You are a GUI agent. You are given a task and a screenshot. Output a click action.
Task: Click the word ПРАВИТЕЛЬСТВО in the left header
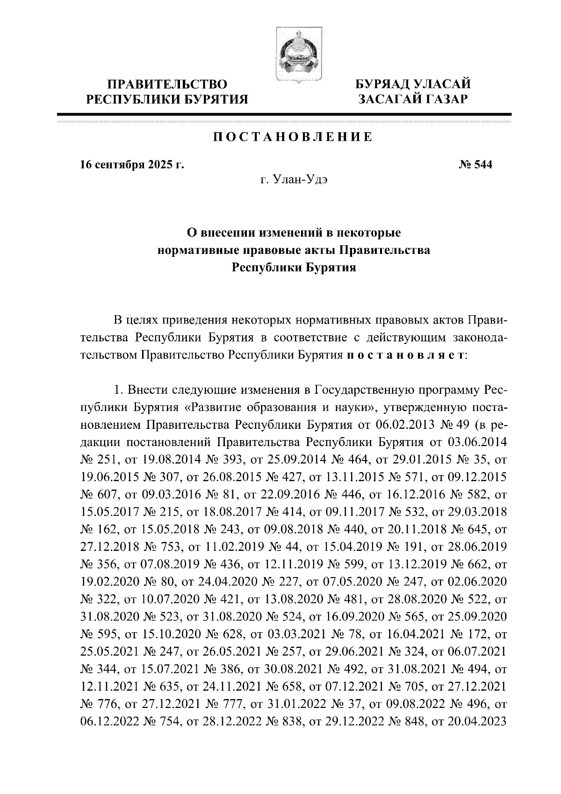(x=168, y=85)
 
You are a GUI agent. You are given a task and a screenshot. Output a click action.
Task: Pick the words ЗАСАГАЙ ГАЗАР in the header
(x=412, y=99)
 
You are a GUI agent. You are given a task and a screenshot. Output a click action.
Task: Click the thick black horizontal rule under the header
(x=284, y=114)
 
